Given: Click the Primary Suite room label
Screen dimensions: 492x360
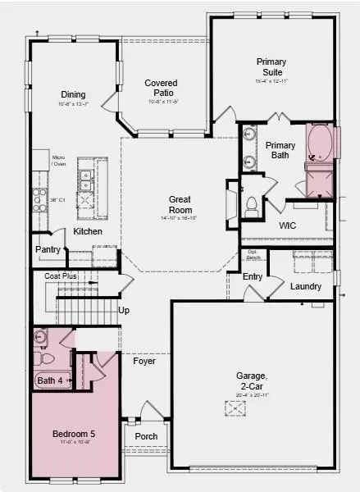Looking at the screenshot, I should [x=271, y=66].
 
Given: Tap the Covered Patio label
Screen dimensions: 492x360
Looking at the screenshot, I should [x=162, y=88].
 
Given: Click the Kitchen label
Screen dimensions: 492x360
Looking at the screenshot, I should [x=88, y=232].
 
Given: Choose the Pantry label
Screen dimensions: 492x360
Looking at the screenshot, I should [x=48, y=249].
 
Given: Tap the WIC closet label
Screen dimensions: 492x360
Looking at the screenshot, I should [x=287, y=225].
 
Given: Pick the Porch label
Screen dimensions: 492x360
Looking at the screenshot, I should [x=146, y=435].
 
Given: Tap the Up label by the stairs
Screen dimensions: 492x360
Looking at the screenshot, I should [x=124, y=311].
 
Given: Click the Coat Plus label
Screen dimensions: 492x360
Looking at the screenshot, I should [x=61, y=276].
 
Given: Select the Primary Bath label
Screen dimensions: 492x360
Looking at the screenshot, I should [x=280, y=150].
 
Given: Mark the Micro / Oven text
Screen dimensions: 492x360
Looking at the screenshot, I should [x=59, y=161].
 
